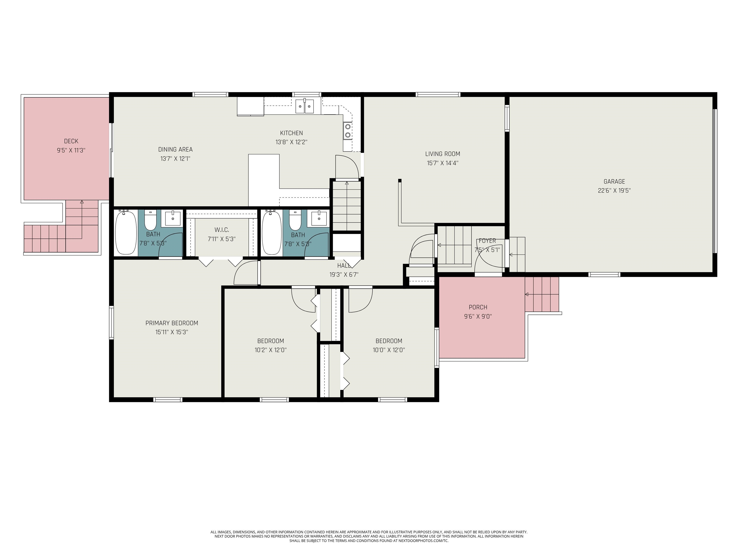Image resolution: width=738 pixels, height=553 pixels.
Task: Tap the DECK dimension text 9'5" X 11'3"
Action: [x=71, y=150]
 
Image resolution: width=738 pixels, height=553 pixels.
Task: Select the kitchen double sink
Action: [x=305, y=106]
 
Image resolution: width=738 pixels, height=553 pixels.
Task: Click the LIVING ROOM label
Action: [x=443, y=154]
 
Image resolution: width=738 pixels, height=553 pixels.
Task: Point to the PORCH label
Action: [x=478, y=307]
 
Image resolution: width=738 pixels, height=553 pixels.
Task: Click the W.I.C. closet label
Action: [x=221, y=230]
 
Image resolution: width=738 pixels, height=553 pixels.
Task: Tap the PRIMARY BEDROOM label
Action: [x=172, y=323]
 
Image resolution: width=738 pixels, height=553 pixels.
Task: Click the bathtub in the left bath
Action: [x=126, y=232]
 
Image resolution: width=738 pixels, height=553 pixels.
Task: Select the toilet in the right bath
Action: [x=295, y=220]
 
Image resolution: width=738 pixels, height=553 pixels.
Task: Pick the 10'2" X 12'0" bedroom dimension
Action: [x=270, y=350]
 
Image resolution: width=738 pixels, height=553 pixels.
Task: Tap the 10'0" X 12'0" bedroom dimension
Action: [x=389, y=350]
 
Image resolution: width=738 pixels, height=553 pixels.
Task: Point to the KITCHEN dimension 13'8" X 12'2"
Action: [x=291, y=142]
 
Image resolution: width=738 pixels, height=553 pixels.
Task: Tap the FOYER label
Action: [x=487, y=241]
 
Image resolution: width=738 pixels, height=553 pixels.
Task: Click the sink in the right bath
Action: [x=319, y=218]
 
